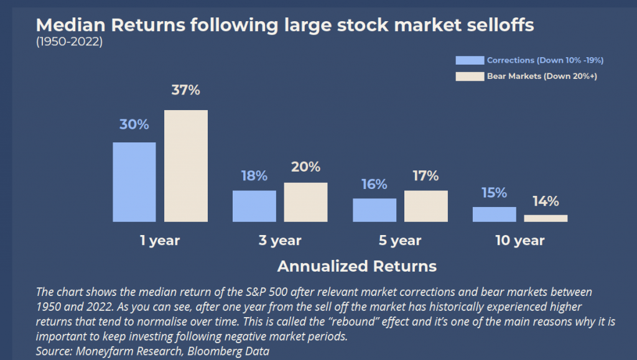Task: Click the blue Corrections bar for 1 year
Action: point(134,182)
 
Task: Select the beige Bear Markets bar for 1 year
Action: point(185,166)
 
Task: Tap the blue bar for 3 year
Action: point(254,206)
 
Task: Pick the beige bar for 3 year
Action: point(305,202)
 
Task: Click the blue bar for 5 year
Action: point(374,210)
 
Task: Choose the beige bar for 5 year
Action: point(425,206)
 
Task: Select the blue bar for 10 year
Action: point(495,215)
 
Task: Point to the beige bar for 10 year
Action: point(546,218)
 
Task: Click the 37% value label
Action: point(185,90)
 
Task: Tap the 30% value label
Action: point(134,124)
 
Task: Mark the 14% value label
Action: point(546,201)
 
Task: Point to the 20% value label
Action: point(305,167)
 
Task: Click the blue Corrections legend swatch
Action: point(470,60)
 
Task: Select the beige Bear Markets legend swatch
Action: point(470,76)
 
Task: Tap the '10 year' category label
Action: point(520,240)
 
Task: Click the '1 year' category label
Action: point(160,240)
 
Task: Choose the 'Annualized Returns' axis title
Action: point(357,266)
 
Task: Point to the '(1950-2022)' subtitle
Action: point(70,42)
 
